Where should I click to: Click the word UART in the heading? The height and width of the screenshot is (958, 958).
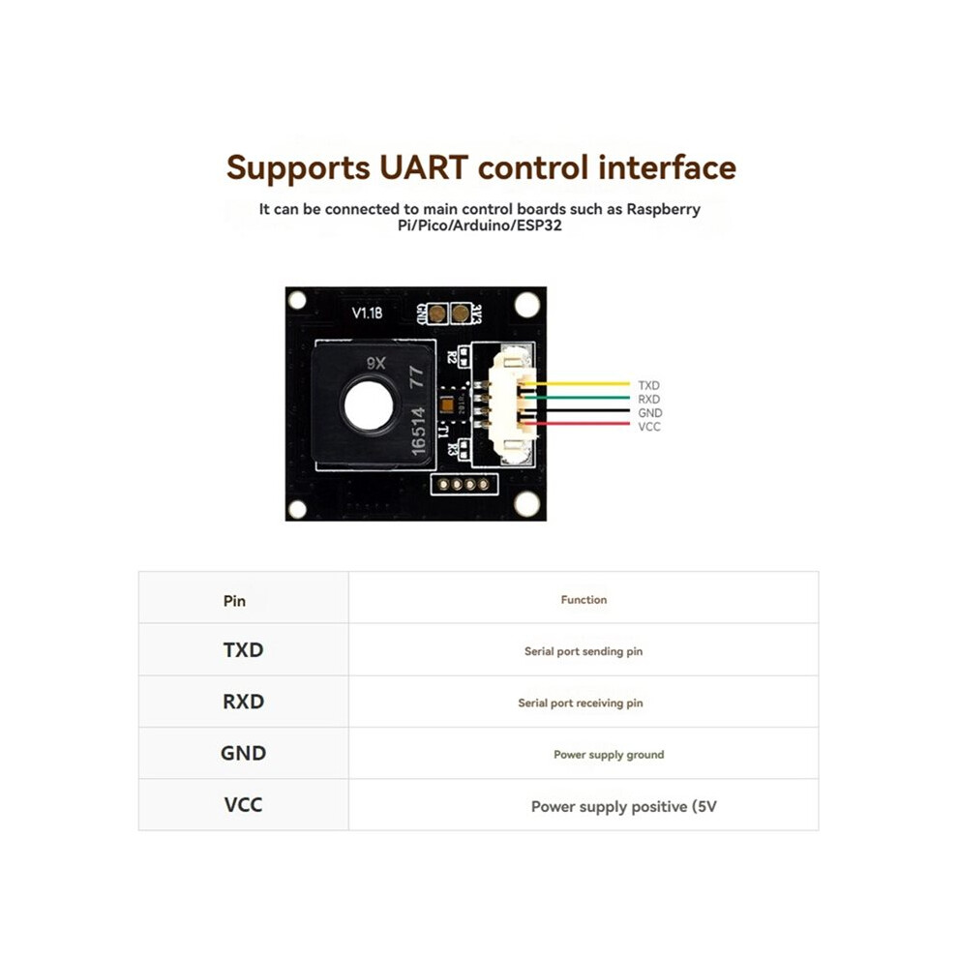(x=424, y=167)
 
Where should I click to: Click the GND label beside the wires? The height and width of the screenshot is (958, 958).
(x=650, y=413)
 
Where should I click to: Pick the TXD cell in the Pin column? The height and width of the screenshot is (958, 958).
(x=243, y=649)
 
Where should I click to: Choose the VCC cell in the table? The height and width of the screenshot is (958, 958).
(x=243, y=805)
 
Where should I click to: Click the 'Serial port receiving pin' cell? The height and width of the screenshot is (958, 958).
(x=584, y=702)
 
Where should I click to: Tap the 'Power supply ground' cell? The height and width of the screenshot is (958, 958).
(x=584, y=753)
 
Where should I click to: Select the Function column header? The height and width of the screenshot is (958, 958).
(x=584, y=598)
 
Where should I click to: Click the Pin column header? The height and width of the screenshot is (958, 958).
(x=243, y=598)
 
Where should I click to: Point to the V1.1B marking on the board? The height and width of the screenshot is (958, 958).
(x=367, y=313)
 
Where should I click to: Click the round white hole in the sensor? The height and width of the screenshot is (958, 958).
(x=369, y=405)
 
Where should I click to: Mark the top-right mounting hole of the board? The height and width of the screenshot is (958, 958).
(x=526, y=305)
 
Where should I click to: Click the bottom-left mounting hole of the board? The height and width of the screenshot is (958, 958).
(x=297, y=508)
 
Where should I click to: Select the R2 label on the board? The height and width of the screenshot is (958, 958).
(x=452, y=357)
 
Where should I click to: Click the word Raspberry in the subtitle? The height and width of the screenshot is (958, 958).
(x=664, y=209)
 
